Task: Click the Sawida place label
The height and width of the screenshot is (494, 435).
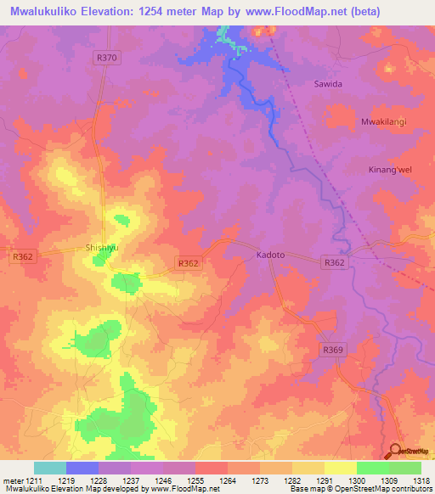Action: click(328, 85)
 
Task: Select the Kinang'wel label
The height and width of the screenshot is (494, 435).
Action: click(391, 170)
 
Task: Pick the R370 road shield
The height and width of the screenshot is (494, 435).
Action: click(105, 57)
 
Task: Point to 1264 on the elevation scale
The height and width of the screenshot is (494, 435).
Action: click(228, 480)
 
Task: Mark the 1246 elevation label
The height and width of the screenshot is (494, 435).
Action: click(164, 480)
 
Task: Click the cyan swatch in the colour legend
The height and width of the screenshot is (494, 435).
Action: click(50, 468)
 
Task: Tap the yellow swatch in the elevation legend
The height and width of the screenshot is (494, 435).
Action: click(340, 468)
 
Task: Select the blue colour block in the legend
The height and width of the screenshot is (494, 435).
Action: click(82, 468)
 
